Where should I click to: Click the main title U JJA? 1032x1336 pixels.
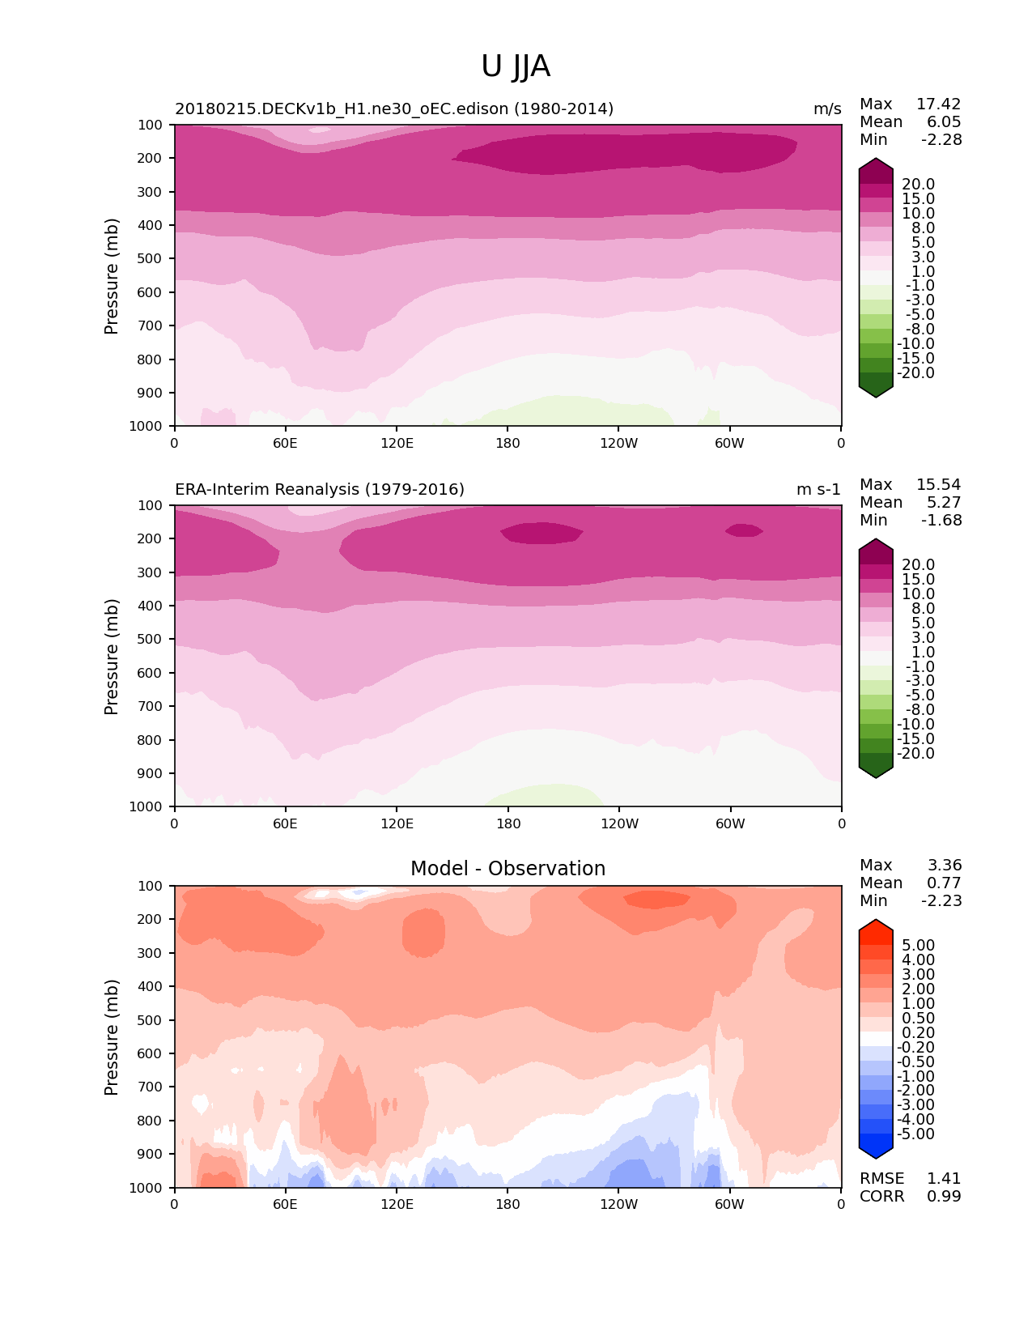516,66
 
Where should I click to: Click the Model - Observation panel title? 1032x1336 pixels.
508,869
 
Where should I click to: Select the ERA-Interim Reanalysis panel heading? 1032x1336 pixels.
320,490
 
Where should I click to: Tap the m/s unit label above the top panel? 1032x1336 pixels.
827,109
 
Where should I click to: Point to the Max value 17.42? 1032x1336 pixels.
938,104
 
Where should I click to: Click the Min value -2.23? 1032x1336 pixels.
941,901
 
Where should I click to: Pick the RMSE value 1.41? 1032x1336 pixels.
944,1179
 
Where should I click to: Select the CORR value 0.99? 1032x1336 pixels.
944,1197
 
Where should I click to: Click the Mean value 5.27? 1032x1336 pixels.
944,503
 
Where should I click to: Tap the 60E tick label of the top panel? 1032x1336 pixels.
285,443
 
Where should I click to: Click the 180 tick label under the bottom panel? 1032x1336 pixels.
508,1205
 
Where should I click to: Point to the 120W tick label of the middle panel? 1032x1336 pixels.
619,824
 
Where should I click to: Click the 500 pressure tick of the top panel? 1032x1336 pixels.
151,259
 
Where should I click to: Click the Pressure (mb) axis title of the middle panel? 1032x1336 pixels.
112,657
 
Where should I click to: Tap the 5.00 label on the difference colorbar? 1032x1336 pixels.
918,946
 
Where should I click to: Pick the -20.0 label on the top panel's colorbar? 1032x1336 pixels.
916,373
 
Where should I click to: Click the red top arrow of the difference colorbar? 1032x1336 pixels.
876,928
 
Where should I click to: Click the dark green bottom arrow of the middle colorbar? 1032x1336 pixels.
876,769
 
